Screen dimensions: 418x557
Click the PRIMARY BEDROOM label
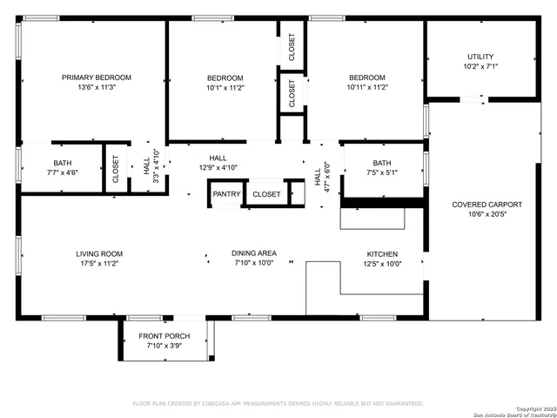coord(96,78)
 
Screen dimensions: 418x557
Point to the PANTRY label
coord(226,194)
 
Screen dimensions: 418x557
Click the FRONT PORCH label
coord(164,337)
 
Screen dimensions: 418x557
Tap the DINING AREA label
coord(253,253)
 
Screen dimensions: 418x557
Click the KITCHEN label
coord(381,253)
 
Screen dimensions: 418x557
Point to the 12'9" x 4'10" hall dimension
coord(218,167)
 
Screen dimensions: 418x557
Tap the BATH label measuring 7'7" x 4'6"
coord(63,163)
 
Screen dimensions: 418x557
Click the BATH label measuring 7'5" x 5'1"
coord(382,163)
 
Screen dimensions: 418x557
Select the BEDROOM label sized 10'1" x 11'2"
coord(225,78)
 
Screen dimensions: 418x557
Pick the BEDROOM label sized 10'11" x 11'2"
coord(366,78)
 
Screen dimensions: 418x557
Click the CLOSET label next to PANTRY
coord(266,194)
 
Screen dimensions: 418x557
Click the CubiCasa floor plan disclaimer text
coord(278,404)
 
